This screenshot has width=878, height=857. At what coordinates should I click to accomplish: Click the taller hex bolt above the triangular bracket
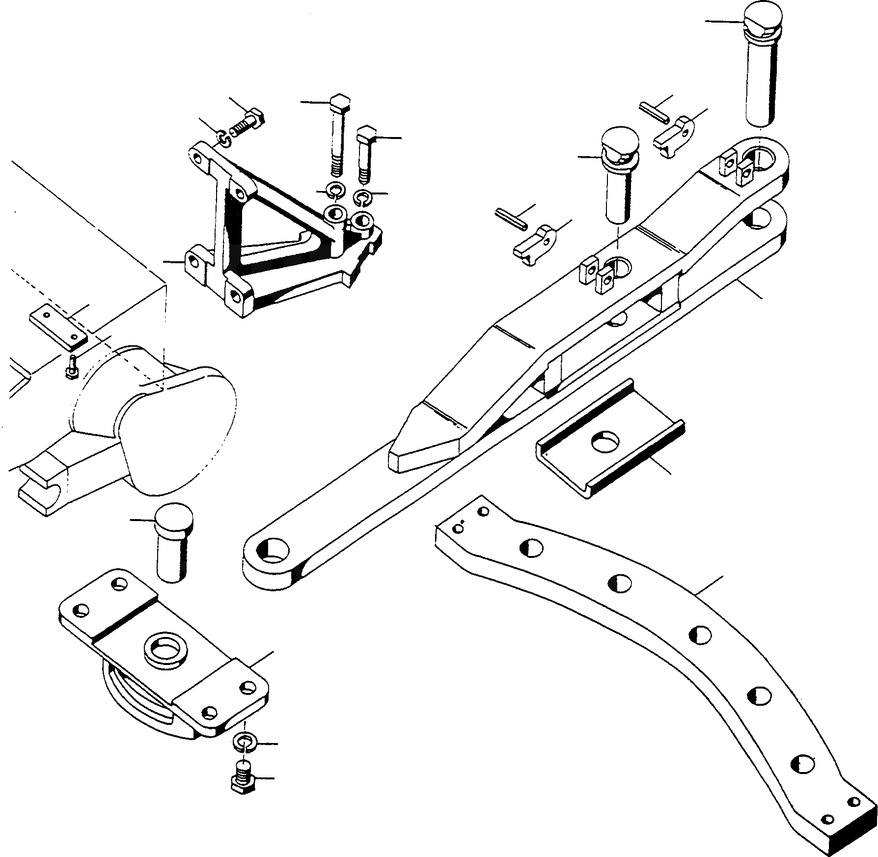pos(338,133)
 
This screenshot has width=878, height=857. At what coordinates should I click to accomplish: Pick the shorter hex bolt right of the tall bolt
pos(366,152)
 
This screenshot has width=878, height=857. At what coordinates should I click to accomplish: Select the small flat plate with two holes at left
pos(58,327)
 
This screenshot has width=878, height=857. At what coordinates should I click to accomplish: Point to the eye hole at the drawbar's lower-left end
pos(271,550)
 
